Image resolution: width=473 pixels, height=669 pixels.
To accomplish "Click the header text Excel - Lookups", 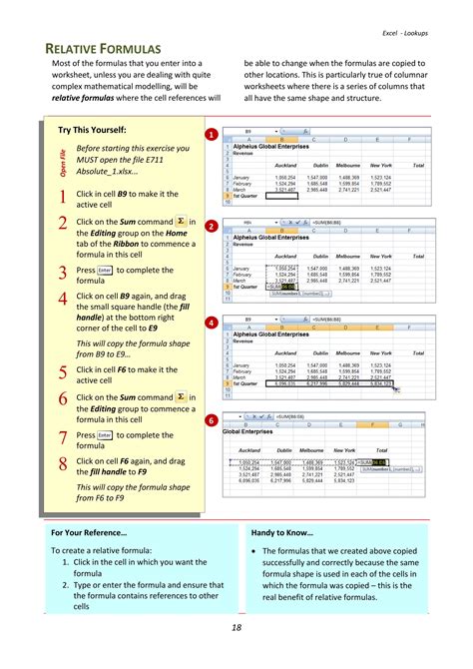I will [x=409, y=33].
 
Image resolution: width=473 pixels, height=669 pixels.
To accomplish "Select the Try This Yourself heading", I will [x=92, y=130].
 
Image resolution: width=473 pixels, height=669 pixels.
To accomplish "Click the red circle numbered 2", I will [x=212, y=227].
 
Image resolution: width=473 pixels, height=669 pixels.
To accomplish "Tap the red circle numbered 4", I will [x=212, y=324].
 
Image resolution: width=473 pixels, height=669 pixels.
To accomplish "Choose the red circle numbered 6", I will [x=212, y=420].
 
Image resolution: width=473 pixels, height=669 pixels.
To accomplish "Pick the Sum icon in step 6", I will [x=181, y=396].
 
